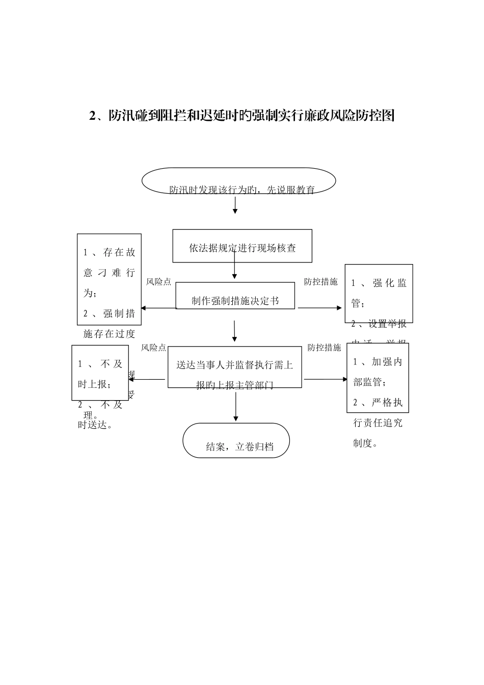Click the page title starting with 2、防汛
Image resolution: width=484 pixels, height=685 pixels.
tap(242, 116)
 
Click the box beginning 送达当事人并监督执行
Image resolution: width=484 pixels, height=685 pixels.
tap(234, 367)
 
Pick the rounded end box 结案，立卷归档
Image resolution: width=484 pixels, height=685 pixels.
tap(236, 440)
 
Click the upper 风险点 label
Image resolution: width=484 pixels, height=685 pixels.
tap(158, 282)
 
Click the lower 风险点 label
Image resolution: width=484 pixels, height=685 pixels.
tap(153, 348)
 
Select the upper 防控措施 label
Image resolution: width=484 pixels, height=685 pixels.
tap(320, 282)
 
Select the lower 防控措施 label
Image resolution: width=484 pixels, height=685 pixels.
tap(324, 348)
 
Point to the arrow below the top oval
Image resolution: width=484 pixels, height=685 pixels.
tap(235, 205)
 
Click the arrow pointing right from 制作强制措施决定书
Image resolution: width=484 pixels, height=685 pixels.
tap(320, 308)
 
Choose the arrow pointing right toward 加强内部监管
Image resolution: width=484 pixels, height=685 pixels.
tap(325, 379)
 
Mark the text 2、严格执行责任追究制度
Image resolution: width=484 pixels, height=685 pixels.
tap(378, 423)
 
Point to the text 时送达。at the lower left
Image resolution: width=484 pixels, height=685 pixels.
tap(95, 425)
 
